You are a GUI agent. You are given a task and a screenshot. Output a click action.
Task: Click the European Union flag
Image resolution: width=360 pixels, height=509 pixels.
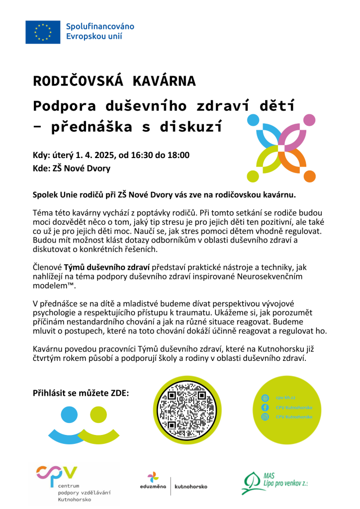[42, 31]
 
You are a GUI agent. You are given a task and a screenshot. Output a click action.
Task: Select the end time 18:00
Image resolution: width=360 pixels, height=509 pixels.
[179, 155]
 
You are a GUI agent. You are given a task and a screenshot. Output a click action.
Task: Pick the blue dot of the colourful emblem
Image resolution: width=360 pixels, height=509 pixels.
[253, 120]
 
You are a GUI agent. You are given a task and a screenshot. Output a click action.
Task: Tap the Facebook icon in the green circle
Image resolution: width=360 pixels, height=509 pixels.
[265, 407]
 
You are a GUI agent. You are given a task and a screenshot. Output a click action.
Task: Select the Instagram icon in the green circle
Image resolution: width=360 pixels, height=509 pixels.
[265, 417]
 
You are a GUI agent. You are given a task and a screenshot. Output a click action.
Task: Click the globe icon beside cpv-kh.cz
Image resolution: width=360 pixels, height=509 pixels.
[265, 398]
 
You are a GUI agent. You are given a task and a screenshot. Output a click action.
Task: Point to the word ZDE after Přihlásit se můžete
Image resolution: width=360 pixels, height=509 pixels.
[118, 393]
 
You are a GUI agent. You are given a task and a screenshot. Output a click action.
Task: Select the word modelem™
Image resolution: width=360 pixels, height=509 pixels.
[54, 285]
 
